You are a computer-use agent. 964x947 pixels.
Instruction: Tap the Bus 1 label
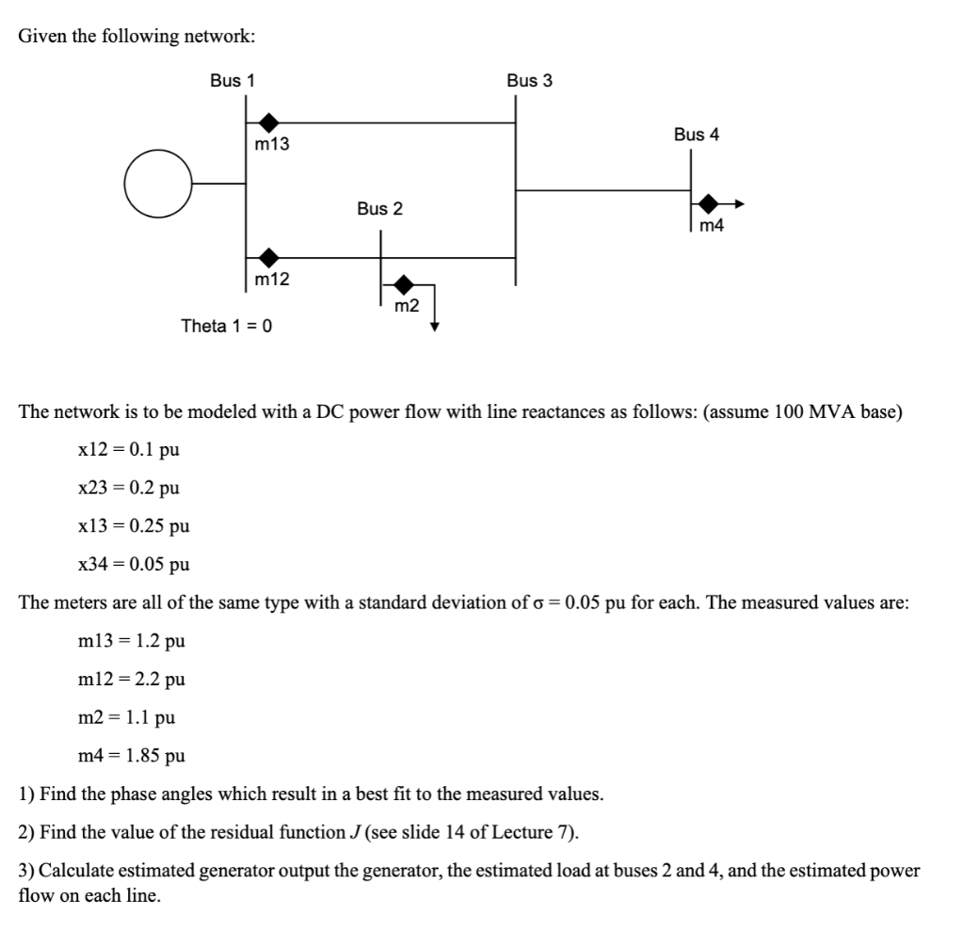(x=232, y=81)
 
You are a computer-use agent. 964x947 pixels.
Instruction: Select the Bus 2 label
(x=379, y=209)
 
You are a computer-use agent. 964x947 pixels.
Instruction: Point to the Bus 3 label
(x=529, y=81)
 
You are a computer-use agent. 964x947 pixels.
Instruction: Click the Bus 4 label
(x=696, y=135)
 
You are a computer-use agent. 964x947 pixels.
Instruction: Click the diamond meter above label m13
(x=269, y=121)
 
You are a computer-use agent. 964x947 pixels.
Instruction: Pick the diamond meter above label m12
(x=269, y=256)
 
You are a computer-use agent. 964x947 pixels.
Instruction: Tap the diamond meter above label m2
(x=404, y=283)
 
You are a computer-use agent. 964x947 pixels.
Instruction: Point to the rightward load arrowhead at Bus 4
(x=740, y=203)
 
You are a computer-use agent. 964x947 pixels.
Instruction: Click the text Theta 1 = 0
(x=226, y=327)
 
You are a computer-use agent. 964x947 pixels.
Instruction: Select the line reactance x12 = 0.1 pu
(x=128, y=450)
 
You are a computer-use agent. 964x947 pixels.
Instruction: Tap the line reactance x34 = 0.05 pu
(x=134, y=565)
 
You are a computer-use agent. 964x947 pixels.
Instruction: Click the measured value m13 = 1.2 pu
(x=131, y=642)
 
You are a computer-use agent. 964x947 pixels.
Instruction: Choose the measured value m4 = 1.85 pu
(x=131, y=756)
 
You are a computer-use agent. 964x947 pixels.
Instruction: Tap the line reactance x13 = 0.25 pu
(x=134, y=526)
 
